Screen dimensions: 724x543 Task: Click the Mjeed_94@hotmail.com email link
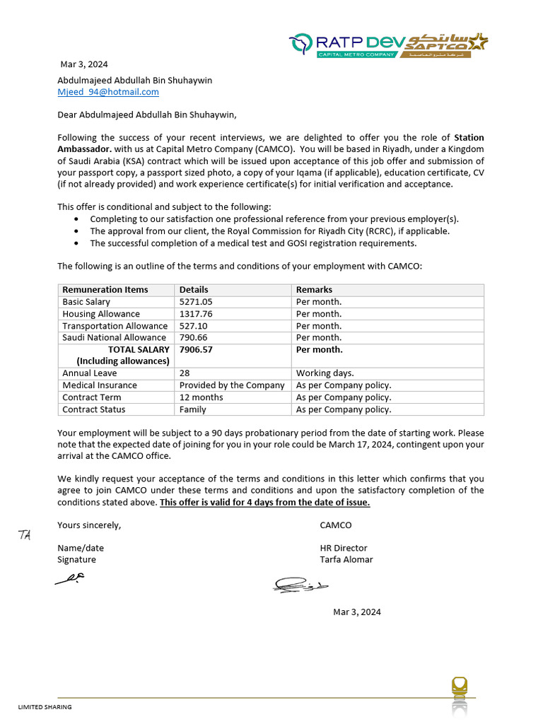108,92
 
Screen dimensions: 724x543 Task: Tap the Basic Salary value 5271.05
196,302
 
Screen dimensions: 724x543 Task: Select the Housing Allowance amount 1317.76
196,314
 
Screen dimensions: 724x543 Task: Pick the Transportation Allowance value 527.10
194,326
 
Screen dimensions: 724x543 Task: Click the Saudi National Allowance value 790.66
194,337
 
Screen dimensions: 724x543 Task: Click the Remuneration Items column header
105,290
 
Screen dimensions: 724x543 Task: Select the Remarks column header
314,290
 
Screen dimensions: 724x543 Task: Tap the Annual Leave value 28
185,373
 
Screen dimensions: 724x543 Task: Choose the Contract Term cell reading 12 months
201,397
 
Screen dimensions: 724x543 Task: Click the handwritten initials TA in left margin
25,535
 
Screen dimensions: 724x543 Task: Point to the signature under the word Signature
71,578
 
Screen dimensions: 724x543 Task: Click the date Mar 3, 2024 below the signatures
356,612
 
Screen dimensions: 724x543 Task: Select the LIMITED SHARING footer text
45,707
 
